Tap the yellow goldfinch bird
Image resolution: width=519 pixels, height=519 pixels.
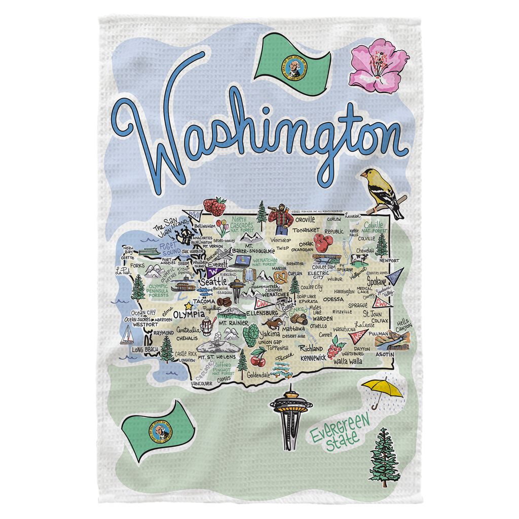[383, 192]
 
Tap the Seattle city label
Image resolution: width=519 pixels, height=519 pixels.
[214, 281]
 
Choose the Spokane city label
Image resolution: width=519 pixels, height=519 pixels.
[377, 281]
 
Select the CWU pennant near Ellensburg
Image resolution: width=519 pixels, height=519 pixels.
[262, 304]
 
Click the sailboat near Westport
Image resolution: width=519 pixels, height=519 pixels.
[127, 335]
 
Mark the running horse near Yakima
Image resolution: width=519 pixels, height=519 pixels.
[274, 322]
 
